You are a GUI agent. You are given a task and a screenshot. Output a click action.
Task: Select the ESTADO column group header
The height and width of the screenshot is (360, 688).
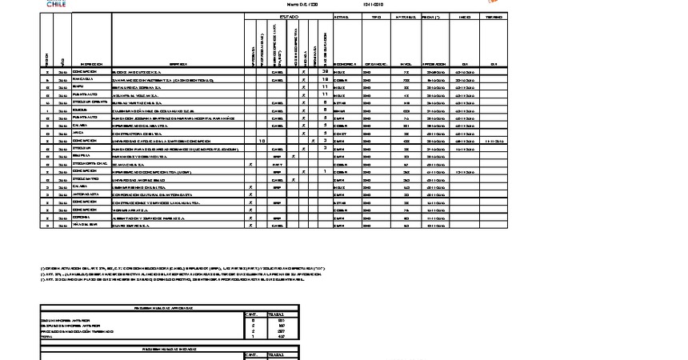point(289,17)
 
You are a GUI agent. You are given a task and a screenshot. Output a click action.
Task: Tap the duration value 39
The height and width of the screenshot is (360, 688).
point(325,71)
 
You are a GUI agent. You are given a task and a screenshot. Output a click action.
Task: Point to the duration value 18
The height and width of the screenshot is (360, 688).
point(325,80)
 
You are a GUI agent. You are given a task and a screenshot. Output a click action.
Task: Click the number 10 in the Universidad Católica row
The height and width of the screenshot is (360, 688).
point(263,140)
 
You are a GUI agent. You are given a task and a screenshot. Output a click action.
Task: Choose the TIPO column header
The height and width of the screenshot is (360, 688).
point(376,17)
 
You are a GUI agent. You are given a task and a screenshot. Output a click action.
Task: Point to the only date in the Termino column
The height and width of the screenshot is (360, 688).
point(494,140)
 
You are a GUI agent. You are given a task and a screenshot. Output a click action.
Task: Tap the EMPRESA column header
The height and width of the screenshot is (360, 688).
point(177,63)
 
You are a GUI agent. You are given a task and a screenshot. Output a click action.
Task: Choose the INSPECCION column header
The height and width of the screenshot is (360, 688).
point(91,63)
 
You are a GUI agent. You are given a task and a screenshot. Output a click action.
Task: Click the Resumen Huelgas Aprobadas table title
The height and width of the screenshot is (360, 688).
point(170,306)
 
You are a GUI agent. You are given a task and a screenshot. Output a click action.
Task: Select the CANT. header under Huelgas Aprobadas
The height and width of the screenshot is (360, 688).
point(250,314)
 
